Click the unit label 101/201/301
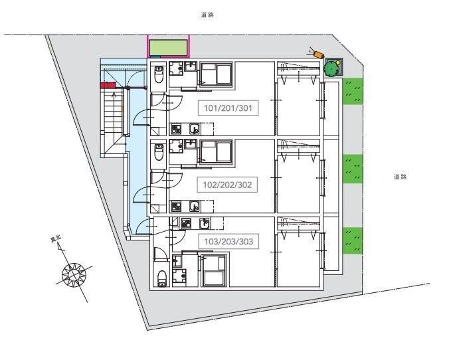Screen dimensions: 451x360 pos(228,108)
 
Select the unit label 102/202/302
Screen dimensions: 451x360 pos(227,185)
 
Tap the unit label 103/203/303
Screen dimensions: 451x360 pos(228,242)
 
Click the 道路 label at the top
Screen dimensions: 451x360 pos(207,15)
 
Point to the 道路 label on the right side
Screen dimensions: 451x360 pos(400,177)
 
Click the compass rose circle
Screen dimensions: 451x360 pos(74,275)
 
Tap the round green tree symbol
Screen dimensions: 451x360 pos(331,68)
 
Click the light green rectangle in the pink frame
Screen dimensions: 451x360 pos(168,47)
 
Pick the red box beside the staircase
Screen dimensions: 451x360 pos(108,85)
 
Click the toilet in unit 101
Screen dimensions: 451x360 pos(159,74)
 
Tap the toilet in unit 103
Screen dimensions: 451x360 pos(162,278)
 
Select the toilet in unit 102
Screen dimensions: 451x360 pos(159,152)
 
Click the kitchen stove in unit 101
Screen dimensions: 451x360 pos(176,129)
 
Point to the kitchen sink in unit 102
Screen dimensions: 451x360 pos(195,206)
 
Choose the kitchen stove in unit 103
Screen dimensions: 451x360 pos(186,223)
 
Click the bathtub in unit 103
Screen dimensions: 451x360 pos(215,270)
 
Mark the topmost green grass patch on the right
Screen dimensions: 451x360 pos(353,91)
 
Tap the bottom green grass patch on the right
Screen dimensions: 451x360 pos(353,240)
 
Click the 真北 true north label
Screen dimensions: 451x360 pos(56,239)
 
